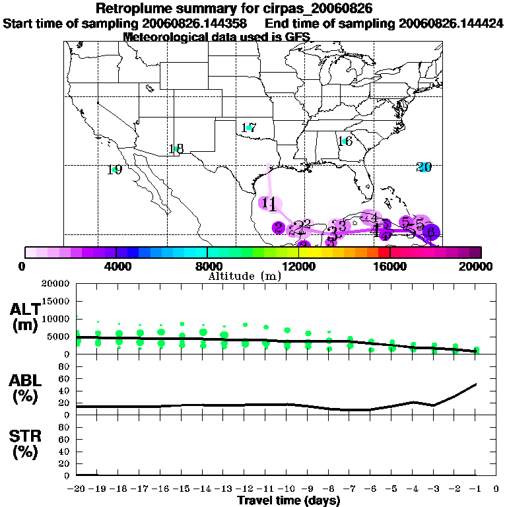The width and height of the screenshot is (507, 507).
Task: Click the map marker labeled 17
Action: pos(249,127)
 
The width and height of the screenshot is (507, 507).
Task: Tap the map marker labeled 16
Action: pos(345,141)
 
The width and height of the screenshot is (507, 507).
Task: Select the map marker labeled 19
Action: pos(114,170)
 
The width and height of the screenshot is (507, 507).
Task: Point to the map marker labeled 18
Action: pos(176,149)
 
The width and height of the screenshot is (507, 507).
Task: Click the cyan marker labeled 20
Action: pos(424,167)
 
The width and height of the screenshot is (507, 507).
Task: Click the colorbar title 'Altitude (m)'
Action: pos(245,276)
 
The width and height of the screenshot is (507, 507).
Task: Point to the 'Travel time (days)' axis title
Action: pos(288,500)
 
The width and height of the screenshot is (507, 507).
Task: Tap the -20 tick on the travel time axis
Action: pos(77,489)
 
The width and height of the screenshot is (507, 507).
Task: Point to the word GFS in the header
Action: pos(240,37)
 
